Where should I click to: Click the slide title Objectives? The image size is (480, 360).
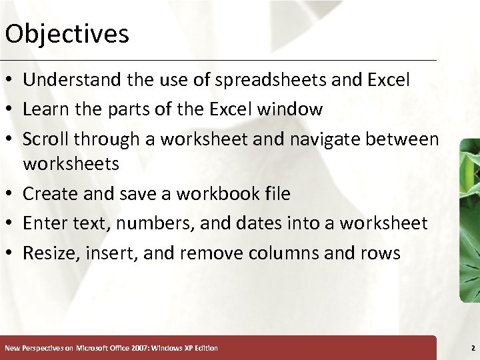click(67, 33)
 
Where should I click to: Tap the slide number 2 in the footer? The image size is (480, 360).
click(472, 348)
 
